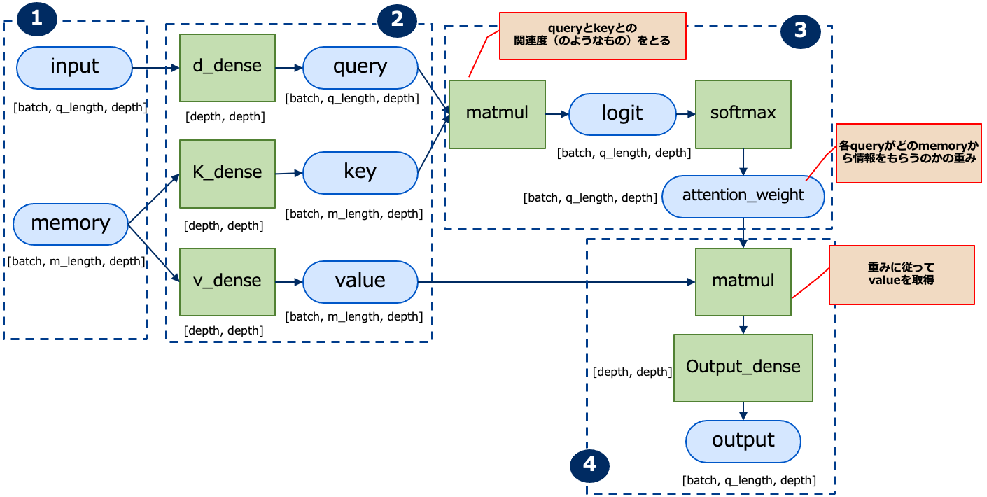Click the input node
pyautogui.click(x=74, y=67)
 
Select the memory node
pyautogui.click(x=71, y=224)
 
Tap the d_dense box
pyautogui.click(x=227, y=66)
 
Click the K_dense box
pyautogui.click(x=227, y=173)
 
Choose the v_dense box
pyautogui.click(x=227, y=281)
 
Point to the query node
pyautogui.click(x=360, y=67)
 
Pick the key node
pyautogui.click(x=360, y=171)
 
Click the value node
pyautogui.click(x=360, y=281)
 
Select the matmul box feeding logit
pyautogui.click(x=497, y=113)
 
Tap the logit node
pyautogui.click(x=622, y=114)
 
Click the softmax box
pyautogui.click(x=743, y=113)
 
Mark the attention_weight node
pyautogui.click(x=743, y=195)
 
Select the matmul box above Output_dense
pyautogui.click(x=743, y=281)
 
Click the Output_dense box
pyautogui.click(x=743, y=367)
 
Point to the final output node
pyautogui.click(x=743, y=441)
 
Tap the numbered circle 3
pyautogui.click(x=800, y=30)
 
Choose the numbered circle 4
pyautogui.click(x=589, y=464)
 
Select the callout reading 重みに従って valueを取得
pyautogui.click(x=901, y=274)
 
